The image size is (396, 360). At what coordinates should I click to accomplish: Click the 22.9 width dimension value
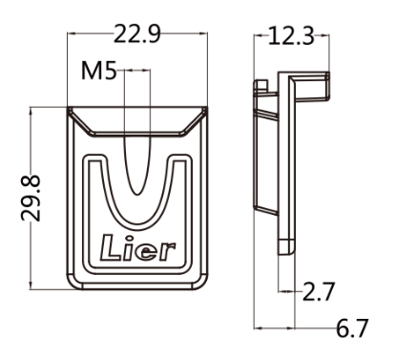137,33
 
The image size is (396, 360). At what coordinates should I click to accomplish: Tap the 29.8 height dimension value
31,198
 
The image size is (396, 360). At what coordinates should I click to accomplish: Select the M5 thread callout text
99,71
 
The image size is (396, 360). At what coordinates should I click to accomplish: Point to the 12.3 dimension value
291,36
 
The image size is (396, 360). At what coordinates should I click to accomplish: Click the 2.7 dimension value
319,291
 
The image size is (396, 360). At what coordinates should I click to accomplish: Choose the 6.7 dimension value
352,328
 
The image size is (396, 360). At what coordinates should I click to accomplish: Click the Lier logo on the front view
137,248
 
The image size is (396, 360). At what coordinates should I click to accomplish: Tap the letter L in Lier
110,247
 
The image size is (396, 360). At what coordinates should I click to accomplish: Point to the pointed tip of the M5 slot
137,194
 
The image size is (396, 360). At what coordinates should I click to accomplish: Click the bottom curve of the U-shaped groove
137,223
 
